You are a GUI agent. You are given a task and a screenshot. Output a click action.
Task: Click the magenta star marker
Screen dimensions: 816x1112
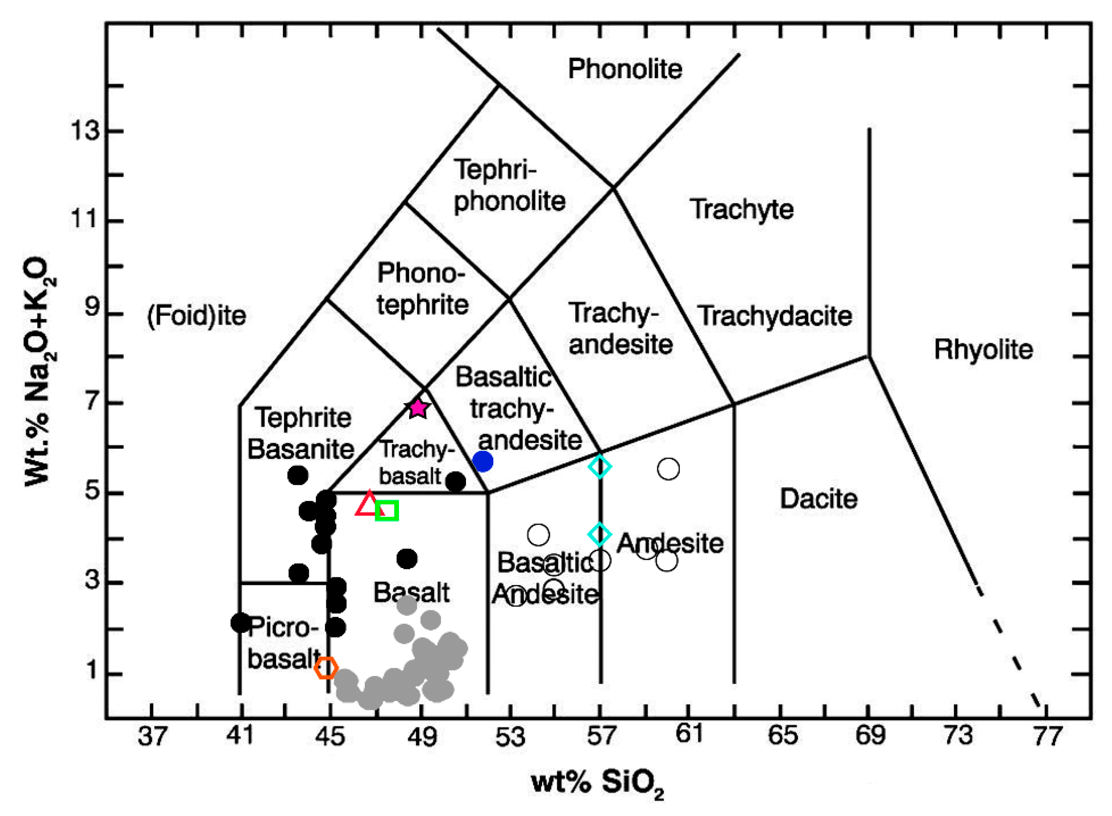tap(418, 409)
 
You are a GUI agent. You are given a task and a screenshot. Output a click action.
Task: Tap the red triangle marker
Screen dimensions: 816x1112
tap(369, 504)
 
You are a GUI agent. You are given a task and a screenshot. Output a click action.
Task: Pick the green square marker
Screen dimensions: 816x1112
tap(387, 510)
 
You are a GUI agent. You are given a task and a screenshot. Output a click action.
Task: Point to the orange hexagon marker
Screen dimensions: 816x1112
tap(326, 668)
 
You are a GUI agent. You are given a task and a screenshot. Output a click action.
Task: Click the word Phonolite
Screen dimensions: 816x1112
tap(625, 69)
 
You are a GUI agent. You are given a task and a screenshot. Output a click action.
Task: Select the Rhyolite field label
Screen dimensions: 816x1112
tap(983, 350)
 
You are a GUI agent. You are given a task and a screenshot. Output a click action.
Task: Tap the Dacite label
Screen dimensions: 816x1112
tap(819, 499)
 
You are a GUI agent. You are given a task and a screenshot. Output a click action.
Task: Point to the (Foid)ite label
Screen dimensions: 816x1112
tap(197, 316)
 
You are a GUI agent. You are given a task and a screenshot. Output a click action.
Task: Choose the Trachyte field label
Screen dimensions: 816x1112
tap(741, 209)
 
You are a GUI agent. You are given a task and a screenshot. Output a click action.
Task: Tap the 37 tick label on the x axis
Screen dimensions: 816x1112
tap(152, 736)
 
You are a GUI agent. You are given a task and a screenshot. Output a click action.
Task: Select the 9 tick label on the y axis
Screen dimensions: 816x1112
tap(92, 308)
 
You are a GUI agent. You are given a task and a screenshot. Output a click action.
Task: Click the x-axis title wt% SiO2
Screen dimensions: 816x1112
tap(597, 783)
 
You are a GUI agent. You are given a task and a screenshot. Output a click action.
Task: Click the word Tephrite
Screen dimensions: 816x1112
tap(303, 418)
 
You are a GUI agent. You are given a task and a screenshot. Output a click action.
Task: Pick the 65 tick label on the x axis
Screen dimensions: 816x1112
tap(782, 736)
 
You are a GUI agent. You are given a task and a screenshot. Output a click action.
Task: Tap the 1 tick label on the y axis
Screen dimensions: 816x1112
tap(92, 670)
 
